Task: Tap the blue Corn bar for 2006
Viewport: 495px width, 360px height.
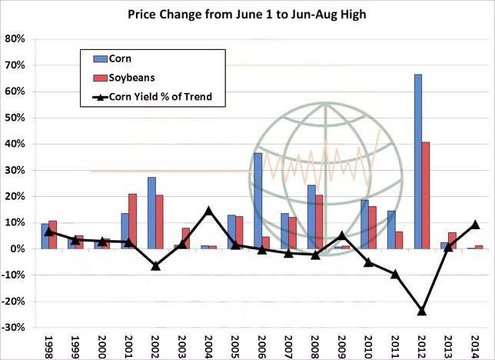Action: pyautogui.click(x=258, y=201)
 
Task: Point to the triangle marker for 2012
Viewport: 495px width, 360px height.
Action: pyautogui.click(x=421, y=311)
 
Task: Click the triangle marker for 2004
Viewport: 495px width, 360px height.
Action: pyautogui.click(x=208, y=211)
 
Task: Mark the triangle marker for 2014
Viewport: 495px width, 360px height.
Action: pyautogui.click(x=475, y=225)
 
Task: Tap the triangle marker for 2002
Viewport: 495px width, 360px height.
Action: pyautogui.click(x=155, y=265)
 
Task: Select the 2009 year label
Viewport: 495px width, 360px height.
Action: pyautogui.click(x=342, y=344)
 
